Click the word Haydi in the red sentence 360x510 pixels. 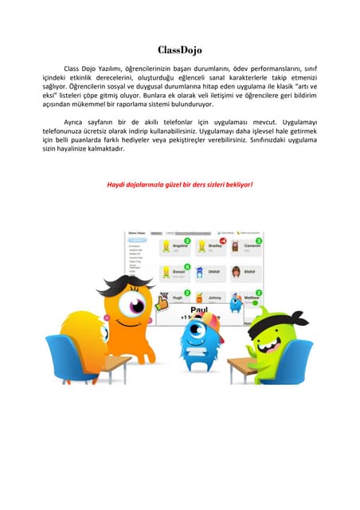point(117,184)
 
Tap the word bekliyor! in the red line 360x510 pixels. point(237,184)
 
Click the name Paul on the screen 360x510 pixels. point(198,307)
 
